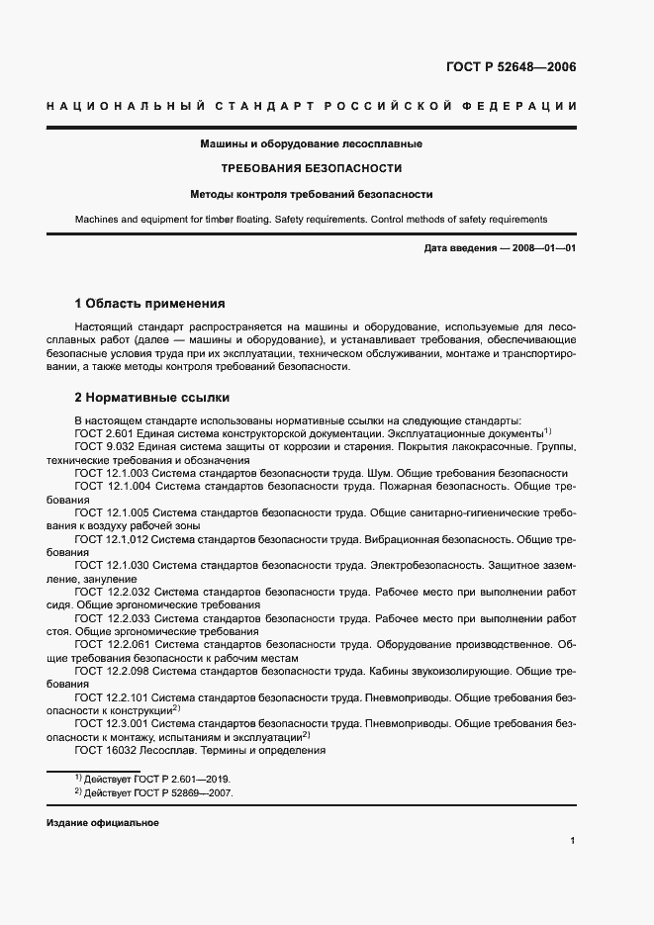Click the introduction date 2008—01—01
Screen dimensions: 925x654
545,248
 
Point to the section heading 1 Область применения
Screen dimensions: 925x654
150,304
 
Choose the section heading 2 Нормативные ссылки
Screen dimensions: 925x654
152,398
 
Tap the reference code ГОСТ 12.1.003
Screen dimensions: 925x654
113,473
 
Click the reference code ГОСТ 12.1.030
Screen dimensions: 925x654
113,565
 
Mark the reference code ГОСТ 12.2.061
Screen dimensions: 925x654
113,644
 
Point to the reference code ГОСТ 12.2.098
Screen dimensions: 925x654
113,671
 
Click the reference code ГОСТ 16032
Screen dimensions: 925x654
106,750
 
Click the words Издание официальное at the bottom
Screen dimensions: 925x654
102,823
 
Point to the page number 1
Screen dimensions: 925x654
572,841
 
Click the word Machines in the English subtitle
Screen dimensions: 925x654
98,220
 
